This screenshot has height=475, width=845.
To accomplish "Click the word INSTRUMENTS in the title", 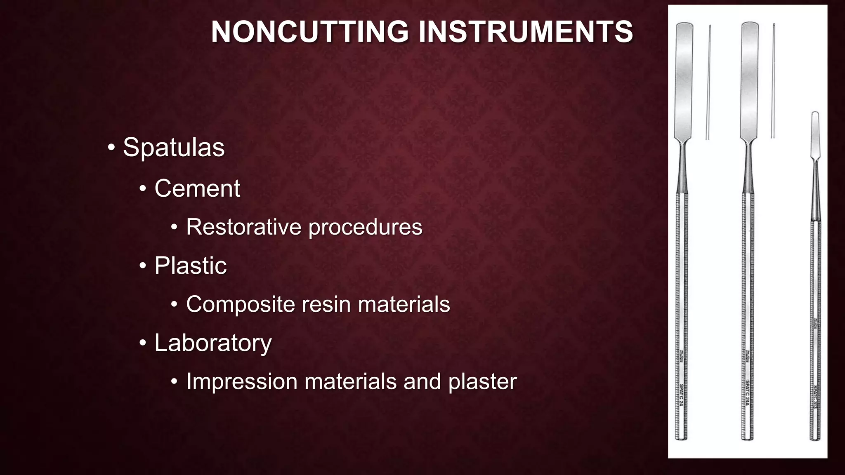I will click(x=526, y=32).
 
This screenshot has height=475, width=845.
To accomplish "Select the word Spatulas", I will click(x=174, y=147).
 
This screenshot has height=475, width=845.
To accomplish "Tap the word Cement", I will click(x=197, y=188).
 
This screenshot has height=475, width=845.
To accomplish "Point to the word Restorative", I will click(x=243, y=227).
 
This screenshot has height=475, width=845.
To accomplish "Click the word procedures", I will click(x=366, y=228).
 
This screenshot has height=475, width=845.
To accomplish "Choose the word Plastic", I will click(x=191, y=265).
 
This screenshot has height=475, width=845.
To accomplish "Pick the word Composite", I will click(x=240, y=305).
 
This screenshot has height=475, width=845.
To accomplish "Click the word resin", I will click(x=326, y=304).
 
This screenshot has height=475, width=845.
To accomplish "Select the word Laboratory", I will click(x=213, y=343).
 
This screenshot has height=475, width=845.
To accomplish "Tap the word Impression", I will click(x=242, y=381).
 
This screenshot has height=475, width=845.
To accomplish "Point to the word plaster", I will click(x=482, y=382).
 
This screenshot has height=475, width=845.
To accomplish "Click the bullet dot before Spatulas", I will click(x=111, y=147).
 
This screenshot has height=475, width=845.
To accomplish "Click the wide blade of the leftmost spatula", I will click(x=684, y=82).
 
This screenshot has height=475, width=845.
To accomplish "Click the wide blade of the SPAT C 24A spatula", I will click(x=749, y=82).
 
